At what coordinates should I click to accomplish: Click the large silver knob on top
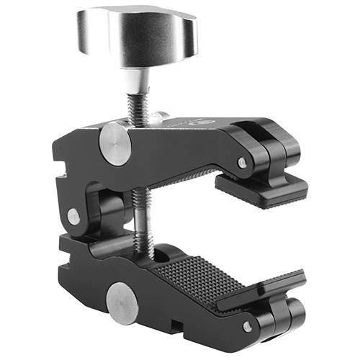pos(137,36)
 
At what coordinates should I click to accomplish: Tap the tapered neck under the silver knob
pos(138,80)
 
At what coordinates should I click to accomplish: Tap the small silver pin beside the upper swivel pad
pos(243,163)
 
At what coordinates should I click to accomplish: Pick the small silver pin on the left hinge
pos(73,216)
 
